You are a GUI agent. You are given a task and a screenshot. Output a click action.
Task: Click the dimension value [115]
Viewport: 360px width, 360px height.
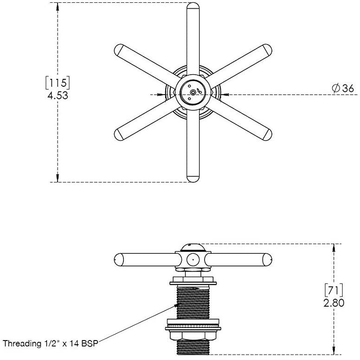(58, 83)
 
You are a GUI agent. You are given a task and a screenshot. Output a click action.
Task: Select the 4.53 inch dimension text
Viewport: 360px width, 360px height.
(58, 96)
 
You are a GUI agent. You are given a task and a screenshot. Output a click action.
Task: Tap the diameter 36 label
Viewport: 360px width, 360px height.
(343, 88)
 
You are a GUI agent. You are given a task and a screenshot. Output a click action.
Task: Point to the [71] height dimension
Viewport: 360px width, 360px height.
(334, 290)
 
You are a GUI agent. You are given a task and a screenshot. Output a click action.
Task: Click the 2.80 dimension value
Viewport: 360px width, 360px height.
(334, 303)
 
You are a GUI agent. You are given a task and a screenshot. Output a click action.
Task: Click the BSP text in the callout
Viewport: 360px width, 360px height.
(90, 343)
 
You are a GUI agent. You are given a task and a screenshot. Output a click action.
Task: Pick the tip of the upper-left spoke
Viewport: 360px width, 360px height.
(118, 49)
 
